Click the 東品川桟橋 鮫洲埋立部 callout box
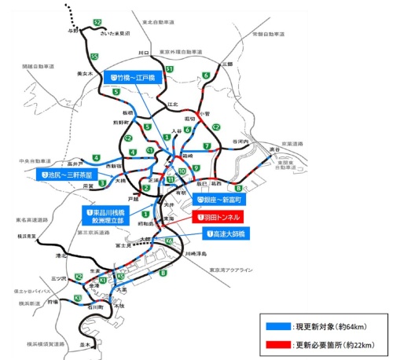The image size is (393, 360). click(x=110, y=216)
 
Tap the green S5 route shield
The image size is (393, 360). click(x=94, y=57)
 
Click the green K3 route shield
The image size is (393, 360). click(x=77, y=298)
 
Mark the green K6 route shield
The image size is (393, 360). click(x=170, y=240)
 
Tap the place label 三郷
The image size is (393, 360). click(x=227, y=63)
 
